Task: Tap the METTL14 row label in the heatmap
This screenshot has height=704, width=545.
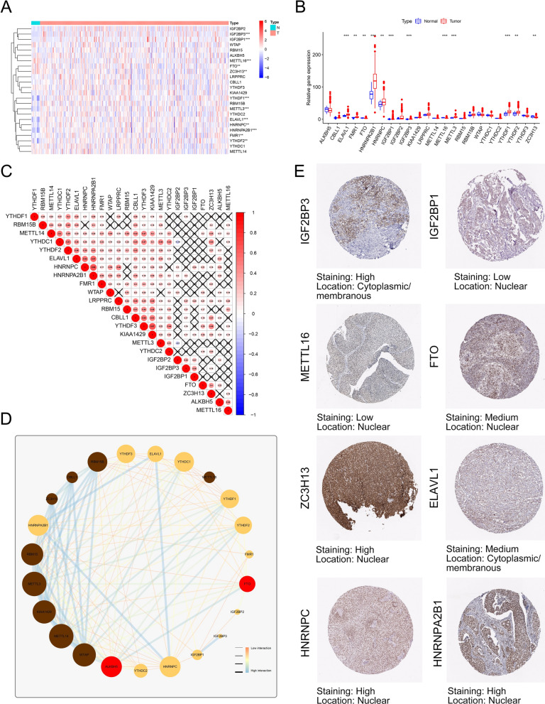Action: click(239, 151)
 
